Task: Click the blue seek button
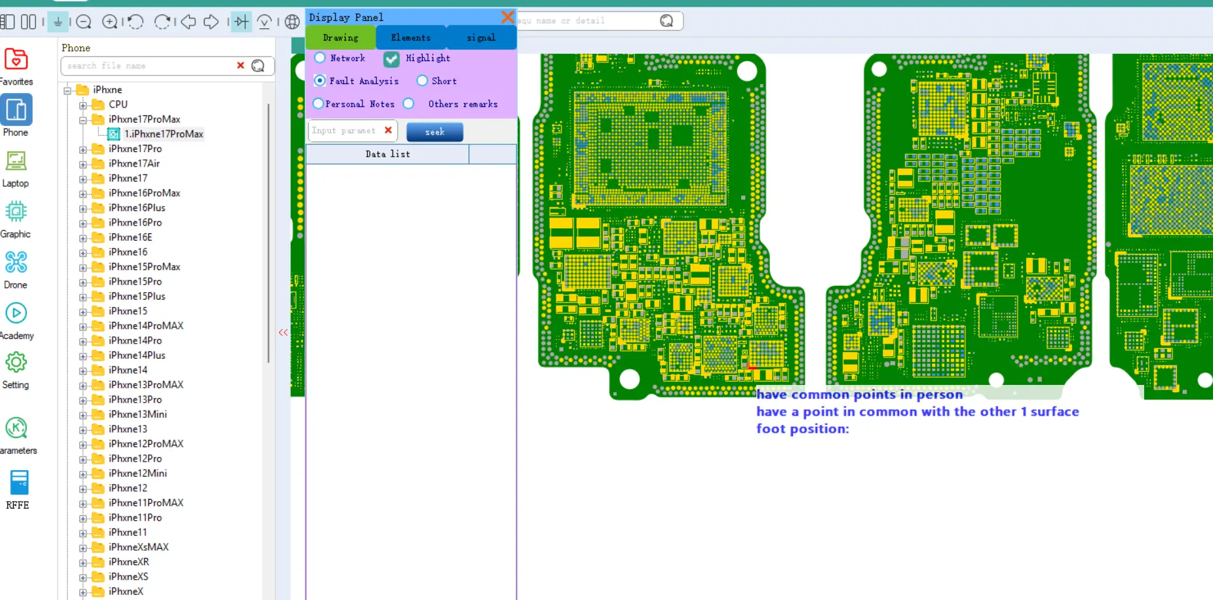click(434, 132)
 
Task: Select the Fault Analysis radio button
click(320, 81)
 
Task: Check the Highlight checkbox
click(391, 59)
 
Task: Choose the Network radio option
click(320, 58)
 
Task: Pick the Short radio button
click(422, 81)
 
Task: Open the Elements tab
click(411, 37)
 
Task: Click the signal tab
click(481, 37)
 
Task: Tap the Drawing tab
click(341, 37)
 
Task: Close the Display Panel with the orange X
click(507, 17)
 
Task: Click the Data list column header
click(387, 154)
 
